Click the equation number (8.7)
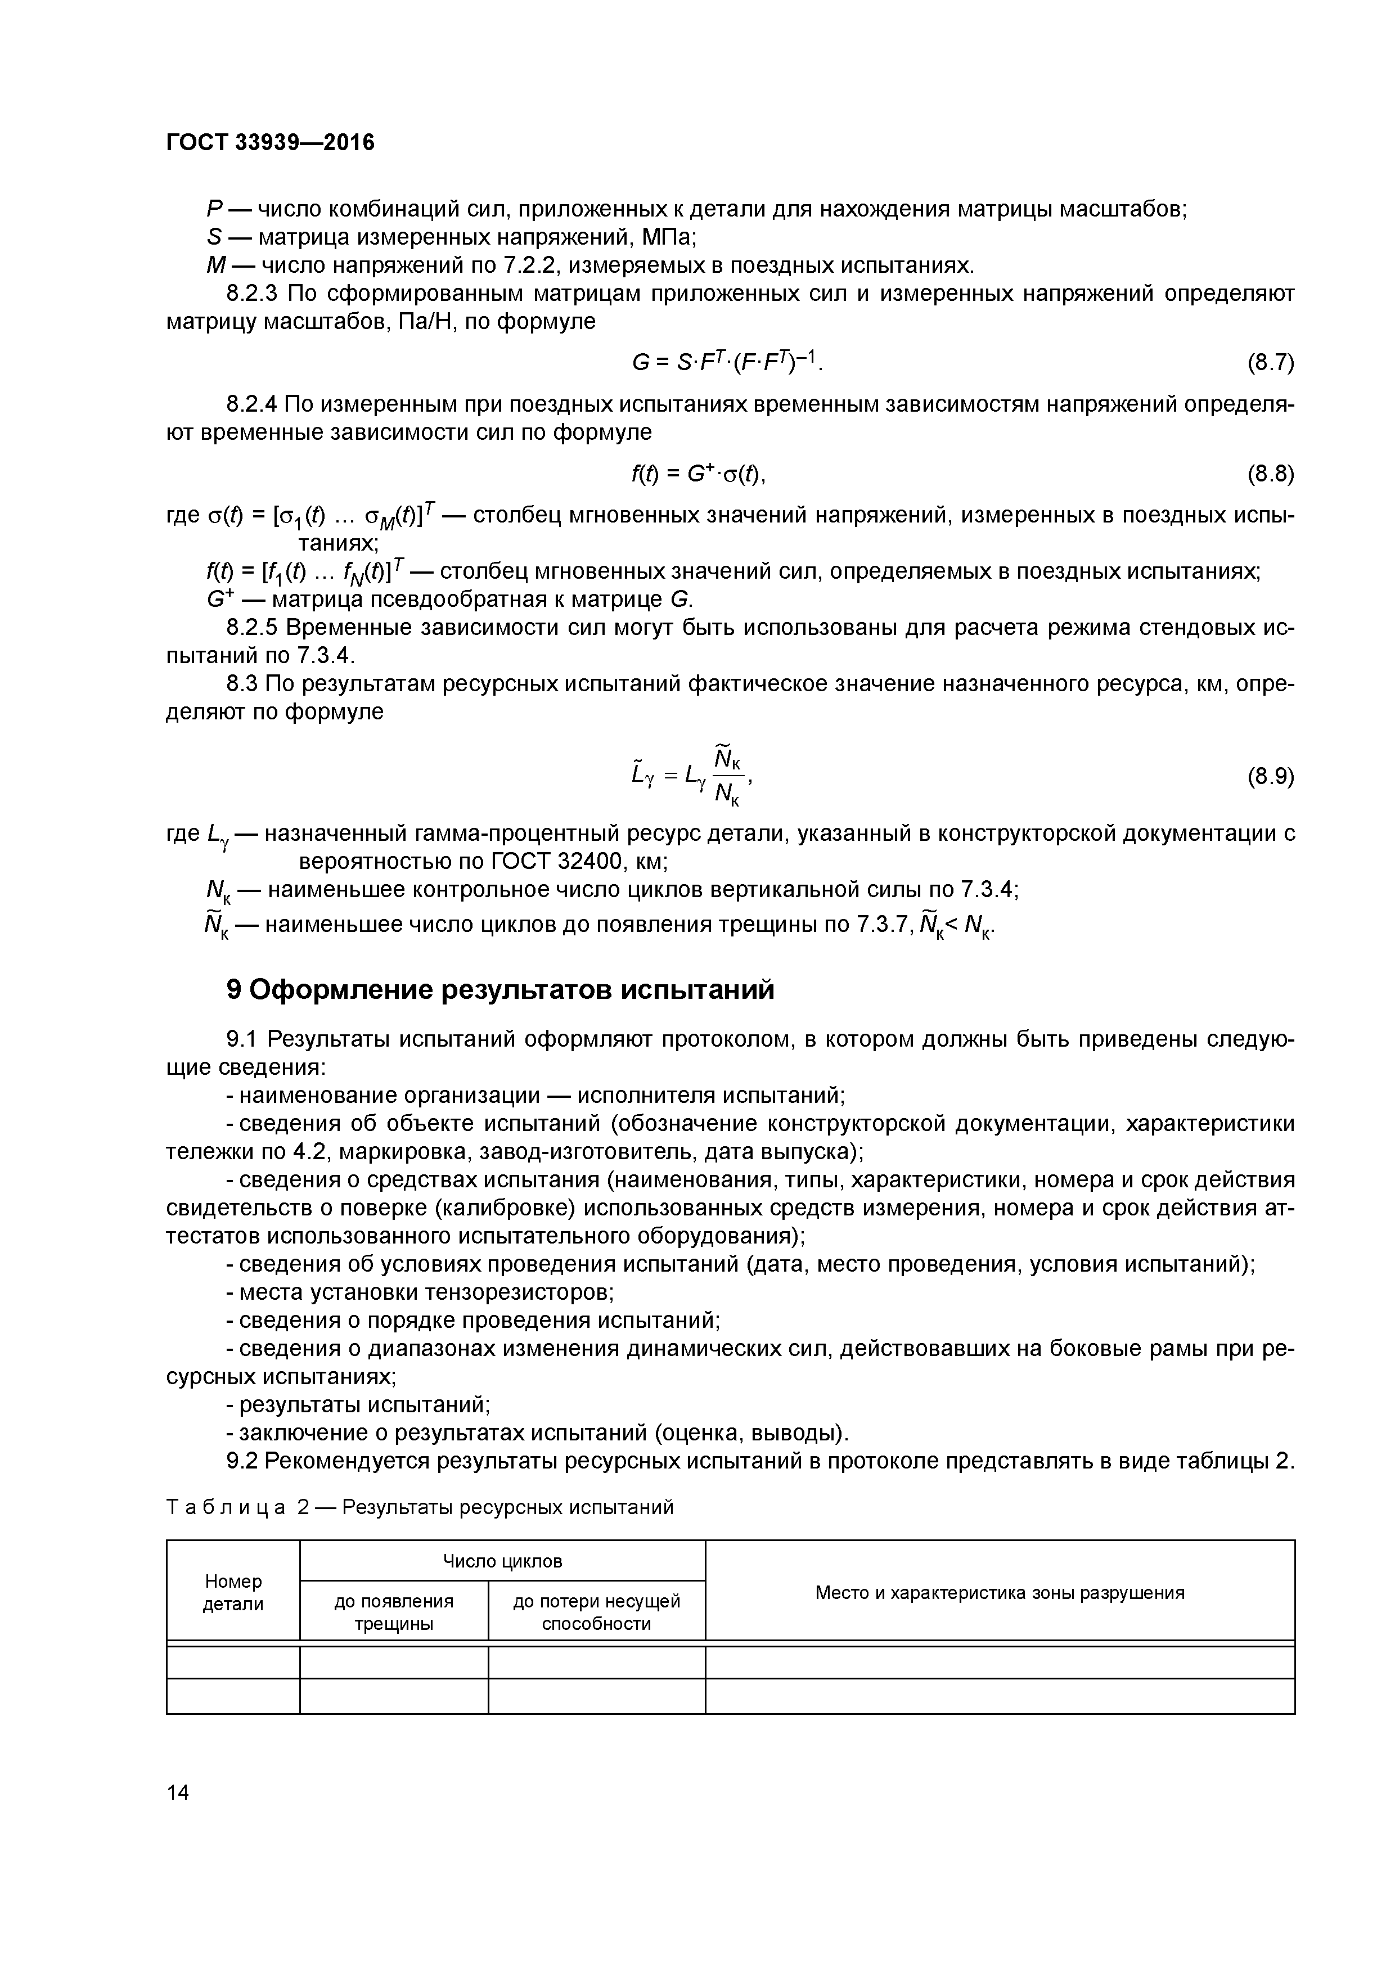[x=1270, y=363]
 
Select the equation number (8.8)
[x=1270, y=474]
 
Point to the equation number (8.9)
[x=1270, y=777]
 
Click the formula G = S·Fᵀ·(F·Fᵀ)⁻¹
[x=726, y=363]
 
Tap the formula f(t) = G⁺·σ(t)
[x=698, y=474]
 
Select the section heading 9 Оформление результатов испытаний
[x=500, y=990]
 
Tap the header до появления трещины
[x=394, y=1612]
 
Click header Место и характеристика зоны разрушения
[x=1000, y=1592]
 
